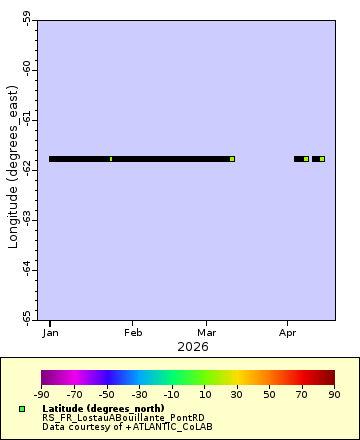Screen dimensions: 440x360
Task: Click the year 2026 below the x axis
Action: [192, 347]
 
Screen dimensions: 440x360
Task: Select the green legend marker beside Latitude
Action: [21, 409]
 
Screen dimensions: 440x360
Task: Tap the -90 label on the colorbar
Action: [41, 395]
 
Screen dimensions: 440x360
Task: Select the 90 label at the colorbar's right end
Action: [335, 395]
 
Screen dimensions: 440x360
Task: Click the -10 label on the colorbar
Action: [172, 395]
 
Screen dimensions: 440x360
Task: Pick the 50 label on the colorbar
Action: [270, 395]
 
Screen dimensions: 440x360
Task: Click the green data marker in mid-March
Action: [232, 159]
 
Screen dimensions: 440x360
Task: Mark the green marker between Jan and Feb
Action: [111, 159]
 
